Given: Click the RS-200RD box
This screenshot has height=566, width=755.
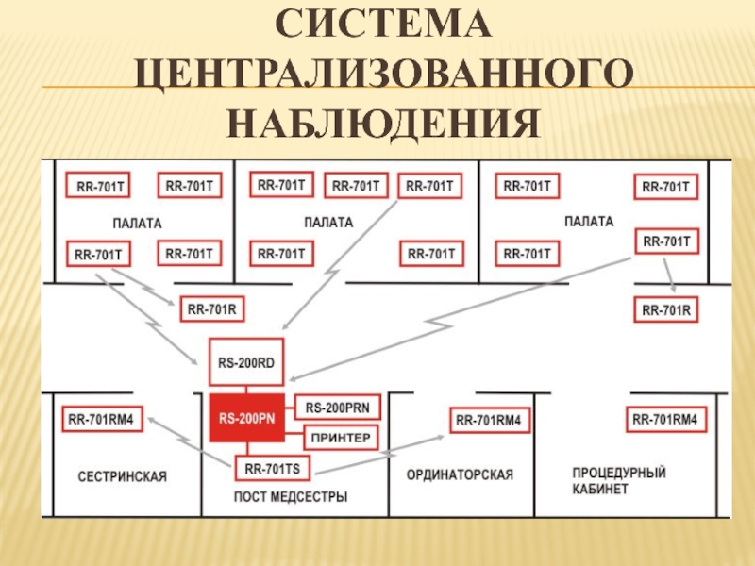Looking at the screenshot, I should [245, 360].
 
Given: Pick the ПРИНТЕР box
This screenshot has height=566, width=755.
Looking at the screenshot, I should [340, 438].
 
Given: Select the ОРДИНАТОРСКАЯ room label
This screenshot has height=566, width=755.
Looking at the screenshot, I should [460, 475].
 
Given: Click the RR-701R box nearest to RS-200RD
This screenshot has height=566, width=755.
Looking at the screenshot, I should [211, 308].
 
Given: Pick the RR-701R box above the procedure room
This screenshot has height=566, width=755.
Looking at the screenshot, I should [666, 308].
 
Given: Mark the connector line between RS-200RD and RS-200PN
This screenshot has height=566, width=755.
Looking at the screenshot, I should [245, 386].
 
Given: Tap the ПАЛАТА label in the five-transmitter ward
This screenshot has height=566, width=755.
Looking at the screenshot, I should [327, 223].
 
